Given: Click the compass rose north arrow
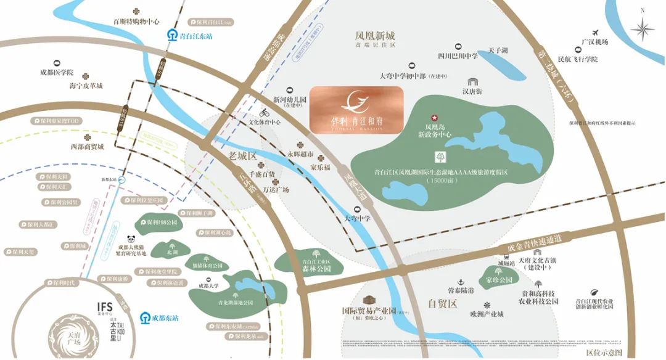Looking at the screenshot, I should pyautogui.click(x=644, y=28).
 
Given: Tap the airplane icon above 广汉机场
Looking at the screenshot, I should pyautogui.click(x=595, y=32).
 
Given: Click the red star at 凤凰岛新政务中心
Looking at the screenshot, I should pyautogui.click(x=433, y=117).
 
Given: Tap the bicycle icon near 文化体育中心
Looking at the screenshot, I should pyautogui.click(x=265, y=113).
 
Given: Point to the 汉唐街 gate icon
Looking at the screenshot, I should pyautogui.click(x=473, y=81).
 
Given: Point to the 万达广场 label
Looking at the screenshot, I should pyautogui.click(x=275, y=190).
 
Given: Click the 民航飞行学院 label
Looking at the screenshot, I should pyautogui.click(x=578, y=59).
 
